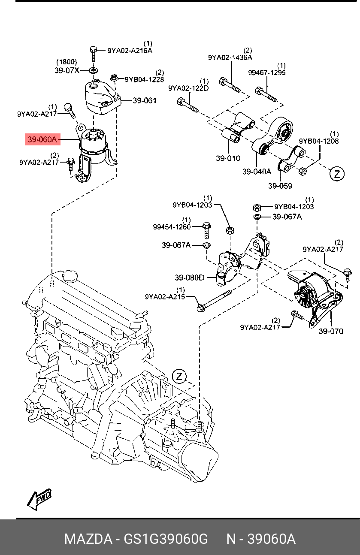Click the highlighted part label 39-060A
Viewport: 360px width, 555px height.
pyautogui.click(x=42, y=139)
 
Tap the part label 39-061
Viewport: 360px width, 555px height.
pyautogui.click(x=145, y=101)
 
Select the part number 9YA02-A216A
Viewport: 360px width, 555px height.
pyautogui.click(x=130, y=51)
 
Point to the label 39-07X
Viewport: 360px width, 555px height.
pyautogui.click(x=67, y=70)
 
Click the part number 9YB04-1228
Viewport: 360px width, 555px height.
pyautogui.click(x=144, y=79)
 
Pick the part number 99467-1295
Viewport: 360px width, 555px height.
pyautogui.click(x=267, y=72)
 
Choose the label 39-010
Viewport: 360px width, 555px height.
pyautogui.click(x=228, y=158)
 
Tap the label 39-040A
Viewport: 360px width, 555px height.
pyautogui.click(x=257, y=172)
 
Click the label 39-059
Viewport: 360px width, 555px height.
pyautogui.click(x=280, y=186)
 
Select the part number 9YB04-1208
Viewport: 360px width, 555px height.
pyautogui.click(x=319, y=141)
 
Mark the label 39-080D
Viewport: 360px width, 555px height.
pyautogui.click(x=190, y=277)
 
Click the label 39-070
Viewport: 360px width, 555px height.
pyautogui.click(x=331, y=331)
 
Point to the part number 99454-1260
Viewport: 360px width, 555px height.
pyautogui.click(x=172, y=227)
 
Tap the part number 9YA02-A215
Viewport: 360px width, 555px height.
pyautogui.click(x=165, y=296)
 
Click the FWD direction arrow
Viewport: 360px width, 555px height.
pyautogui.click(x=39, y=499)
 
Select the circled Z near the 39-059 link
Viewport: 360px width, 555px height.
pyautogui.click(x=337, y=174)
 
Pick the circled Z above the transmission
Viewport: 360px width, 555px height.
pyautogui.click(x=179, y=377)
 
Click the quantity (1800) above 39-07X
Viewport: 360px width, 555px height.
pyautogui.click(x=67, y=62)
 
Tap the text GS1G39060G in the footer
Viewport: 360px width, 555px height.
pyautogui.click(x=166, y=539)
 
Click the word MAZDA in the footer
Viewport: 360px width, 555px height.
pyautogui.click(x=88, y=539)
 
